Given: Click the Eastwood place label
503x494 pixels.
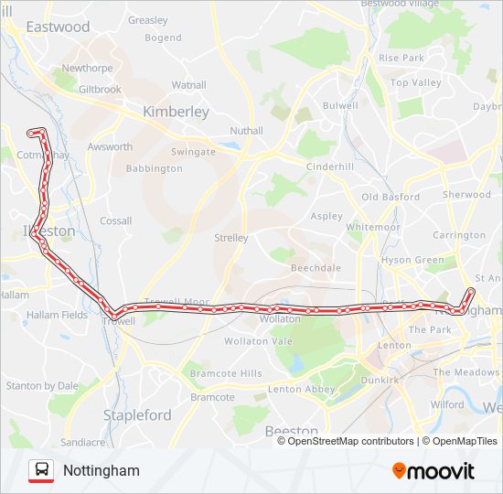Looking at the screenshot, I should [58, 27].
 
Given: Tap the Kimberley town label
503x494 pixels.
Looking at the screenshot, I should [176, 112].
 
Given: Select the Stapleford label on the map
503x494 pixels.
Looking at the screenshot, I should [137, 415].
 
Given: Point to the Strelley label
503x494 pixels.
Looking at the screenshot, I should [230, 238].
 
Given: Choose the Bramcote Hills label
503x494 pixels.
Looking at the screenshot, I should [225, 374].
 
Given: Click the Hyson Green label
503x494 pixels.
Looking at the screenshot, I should [412, 260].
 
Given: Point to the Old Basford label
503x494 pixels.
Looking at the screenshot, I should [391, 198].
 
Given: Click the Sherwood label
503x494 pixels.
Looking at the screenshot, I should [466, 195].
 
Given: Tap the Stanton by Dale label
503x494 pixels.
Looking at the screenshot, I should [42, 386].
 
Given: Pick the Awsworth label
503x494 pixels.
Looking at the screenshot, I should [110, 147].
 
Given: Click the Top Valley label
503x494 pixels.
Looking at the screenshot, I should [416, 83].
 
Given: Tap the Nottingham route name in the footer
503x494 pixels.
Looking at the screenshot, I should [102, 471].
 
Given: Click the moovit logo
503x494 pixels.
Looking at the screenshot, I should [433, 471].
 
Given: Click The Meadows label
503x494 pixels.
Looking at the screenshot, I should [466, 372].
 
